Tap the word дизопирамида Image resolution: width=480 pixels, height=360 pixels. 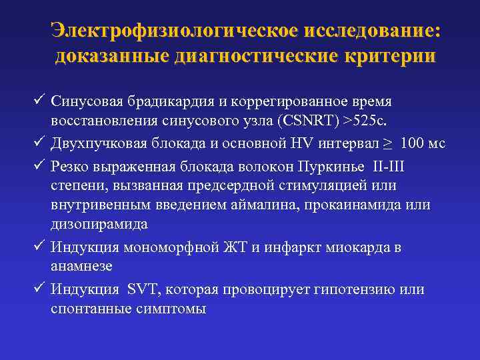(99, 224)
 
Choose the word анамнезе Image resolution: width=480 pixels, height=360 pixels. (81, 265)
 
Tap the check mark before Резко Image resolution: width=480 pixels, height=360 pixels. (38, 164)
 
